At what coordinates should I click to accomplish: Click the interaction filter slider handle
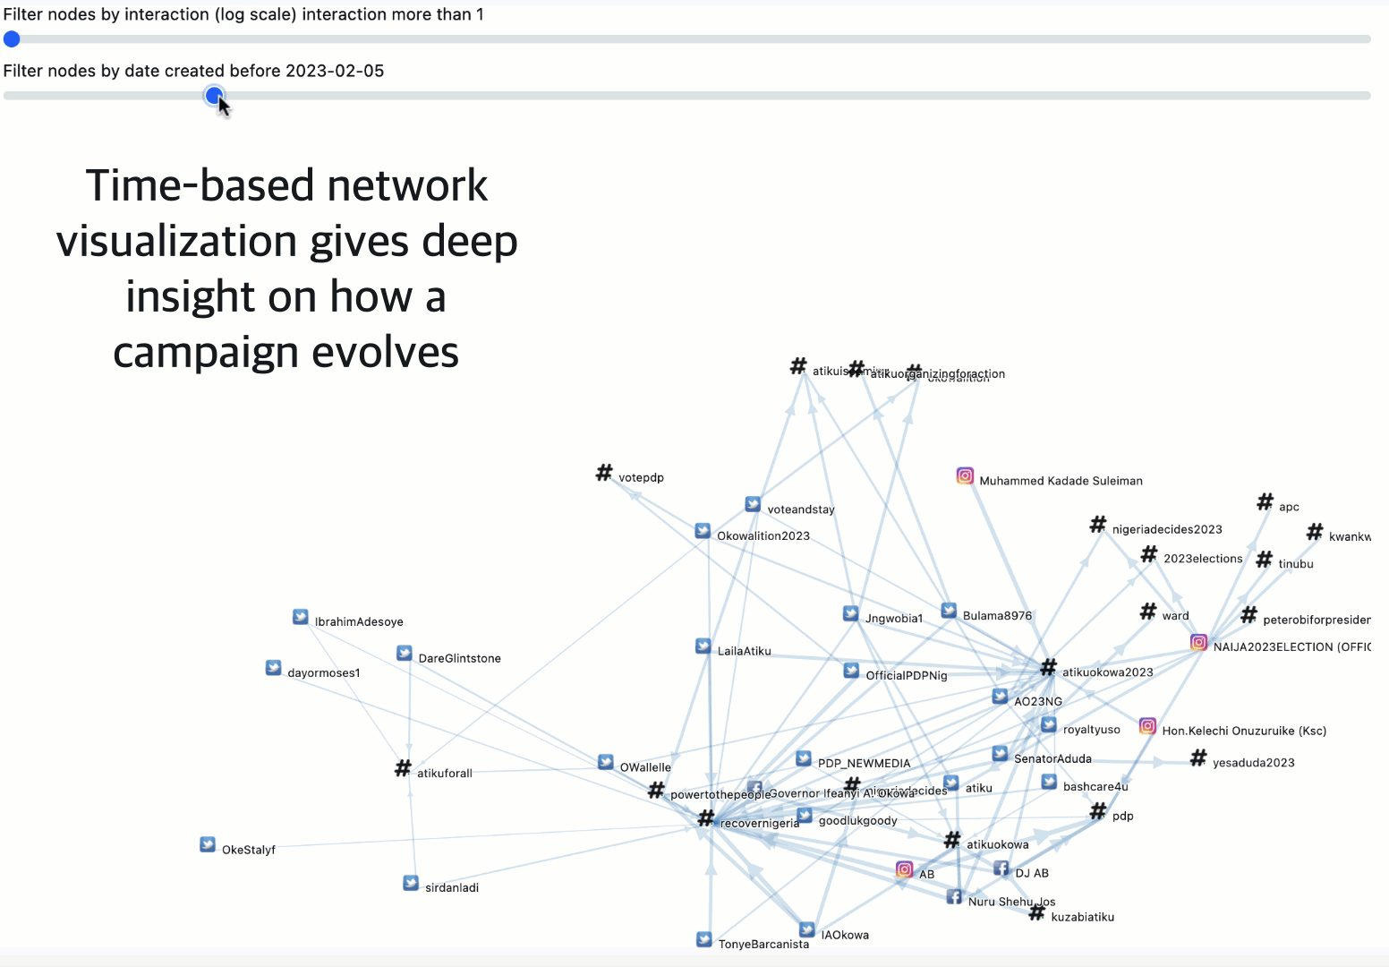pos(12,39)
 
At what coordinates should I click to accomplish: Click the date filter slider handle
pos(214,95)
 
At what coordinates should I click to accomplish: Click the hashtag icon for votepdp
pos(604,472)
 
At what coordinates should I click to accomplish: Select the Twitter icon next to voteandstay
pos(753,504)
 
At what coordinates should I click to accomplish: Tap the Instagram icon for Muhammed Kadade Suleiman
pos(965,475)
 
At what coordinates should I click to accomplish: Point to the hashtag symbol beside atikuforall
pos(403,768)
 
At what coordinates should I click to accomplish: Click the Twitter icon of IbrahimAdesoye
pos(301,617)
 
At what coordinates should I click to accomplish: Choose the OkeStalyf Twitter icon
pos(208,844)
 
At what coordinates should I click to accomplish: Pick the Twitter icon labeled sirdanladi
pos(411,883)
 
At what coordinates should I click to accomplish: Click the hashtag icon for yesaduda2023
pos(1198,757)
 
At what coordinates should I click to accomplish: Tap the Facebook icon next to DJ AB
pos(1001,869)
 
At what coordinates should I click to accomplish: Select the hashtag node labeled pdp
pos(1098,811)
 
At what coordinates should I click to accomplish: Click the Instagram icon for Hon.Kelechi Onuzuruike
pos(1147,726)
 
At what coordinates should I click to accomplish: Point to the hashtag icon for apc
pos(1265,501)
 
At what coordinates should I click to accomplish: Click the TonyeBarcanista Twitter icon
pos(704,939)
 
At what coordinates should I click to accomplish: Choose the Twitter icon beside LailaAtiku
pos(703,646)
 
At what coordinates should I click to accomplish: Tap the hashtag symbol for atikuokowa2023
pos(1048,667)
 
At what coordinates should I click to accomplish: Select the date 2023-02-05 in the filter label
pos(335,71)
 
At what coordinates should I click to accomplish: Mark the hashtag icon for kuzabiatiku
pos(1036,912)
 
